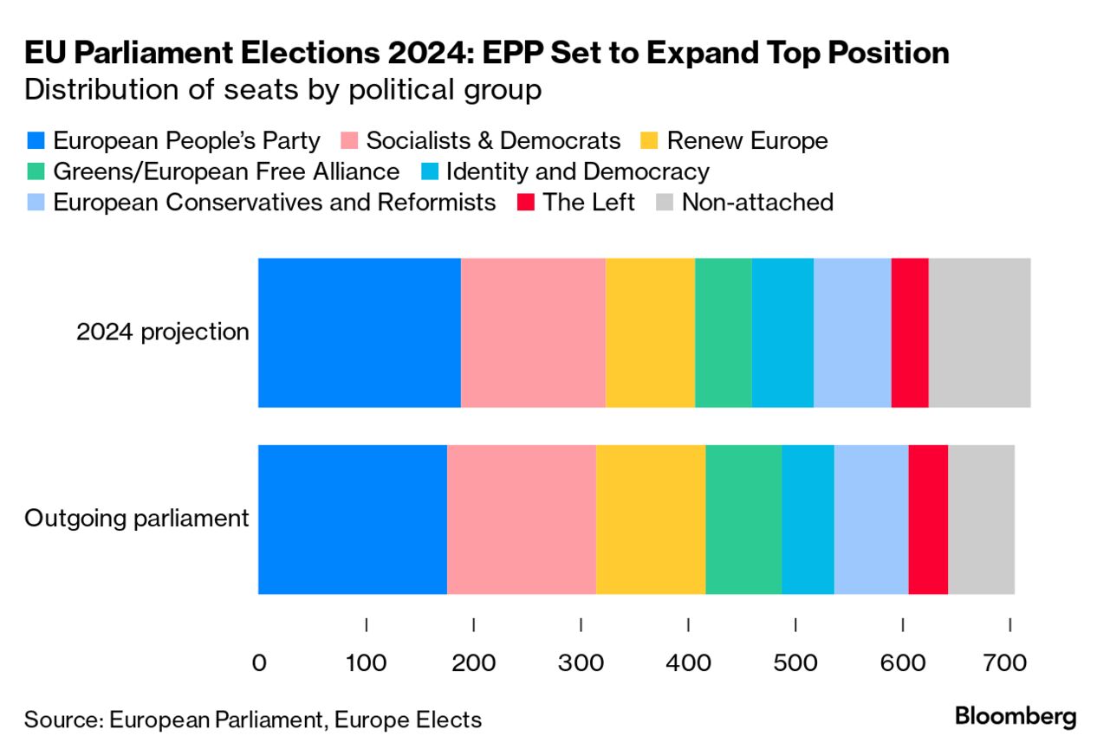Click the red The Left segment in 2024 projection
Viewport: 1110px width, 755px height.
910,332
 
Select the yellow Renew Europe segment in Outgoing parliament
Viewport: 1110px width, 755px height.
651,519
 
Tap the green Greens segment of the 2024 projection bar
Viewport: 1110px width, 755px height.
723,332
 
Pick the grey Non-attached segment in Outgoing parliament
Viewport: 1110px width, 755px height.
981,519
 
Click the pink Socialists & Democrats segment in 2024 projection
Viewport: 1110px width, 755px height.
533,332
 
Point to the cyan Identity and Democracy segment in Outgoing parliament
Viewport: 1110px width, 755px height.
808,519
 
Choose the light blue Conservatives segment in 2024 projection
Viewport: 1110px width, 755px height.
853,332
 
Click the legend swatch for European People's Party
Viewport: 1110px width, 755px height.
36,141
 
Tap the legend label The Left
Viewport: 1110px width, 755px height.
588,203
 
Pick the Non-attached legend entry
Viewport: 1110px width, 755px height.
757,203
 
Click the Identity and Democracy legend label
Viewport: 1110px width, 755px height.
577,171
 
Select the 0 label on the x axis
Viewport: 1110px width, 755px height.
259,664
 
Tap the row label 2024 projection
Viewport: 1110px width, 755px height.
163,332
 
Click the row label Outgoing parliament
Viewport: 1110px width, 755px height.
137,519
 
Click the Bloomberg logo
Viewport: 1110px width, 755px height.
1016,717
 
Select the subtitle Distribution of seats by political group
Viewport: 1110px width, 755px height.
283,90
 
